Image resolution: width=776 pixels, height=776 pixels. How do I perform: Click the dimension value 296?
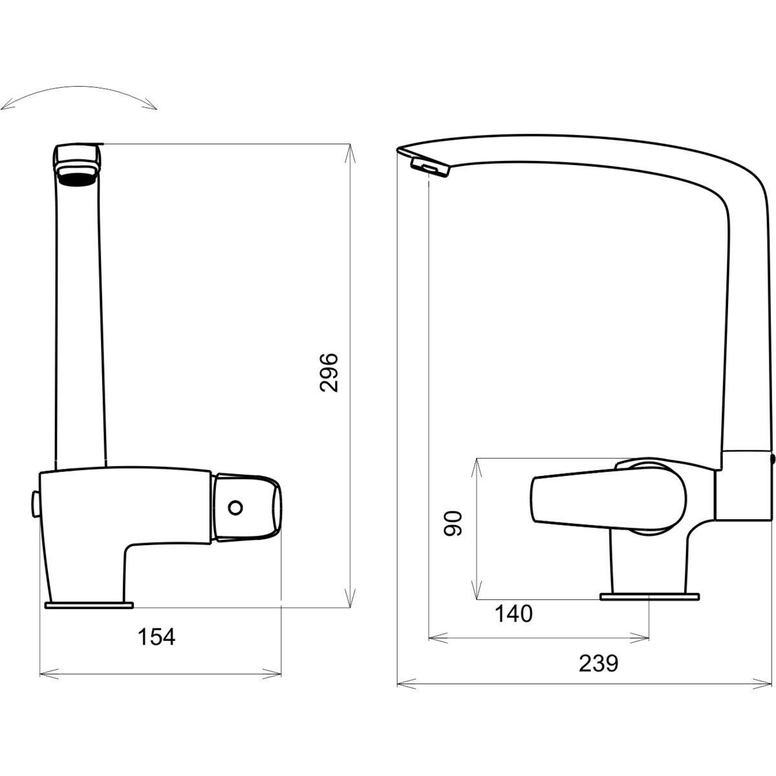(329, 372)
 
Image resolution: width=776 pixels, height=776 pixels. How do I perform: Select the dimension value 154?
(156, 637)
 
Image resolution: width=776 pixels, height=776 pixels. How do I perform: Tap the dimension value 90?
(453, 523)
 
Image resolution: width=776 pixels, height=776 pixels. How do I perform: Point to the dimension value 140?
(513, 614)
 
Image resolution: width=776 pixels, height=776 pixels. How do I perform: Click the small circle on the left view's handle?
(235, 508)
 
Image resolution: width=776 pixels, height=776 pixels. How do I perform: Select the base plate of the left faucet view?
(89, 605)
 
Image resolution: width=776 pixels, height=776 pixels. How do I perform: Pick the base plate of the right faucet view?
(649, 597)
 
